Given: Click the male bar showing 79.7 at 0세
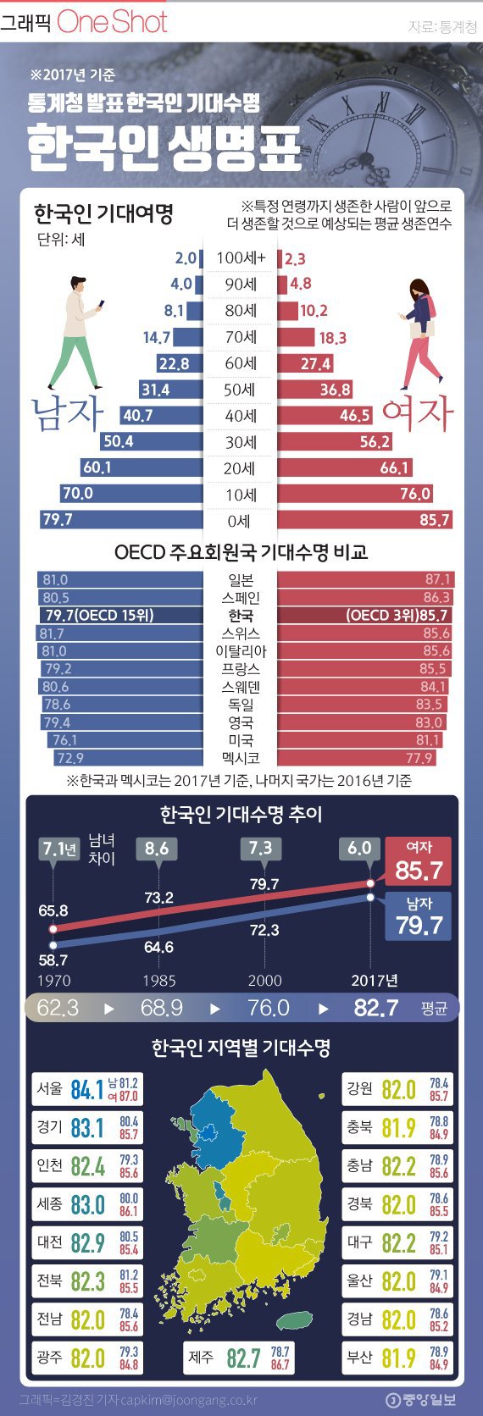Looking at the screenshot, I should [x=122, y=519].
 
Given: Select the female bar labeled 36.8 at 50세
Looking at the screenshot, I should [x=314, y=389].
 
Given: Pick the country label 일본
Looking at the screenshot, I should [x=241, y=580].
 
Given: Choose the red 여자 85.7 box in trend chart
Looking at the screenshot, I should [x=419, y=860].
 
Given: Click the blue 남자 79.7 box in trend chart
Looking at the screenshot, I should [x=419, y=915].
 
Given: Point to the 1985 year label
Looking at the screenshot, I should [x=158, y=981].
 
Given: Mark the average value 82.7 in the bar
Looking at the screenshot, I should [x=375, y=1008].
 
